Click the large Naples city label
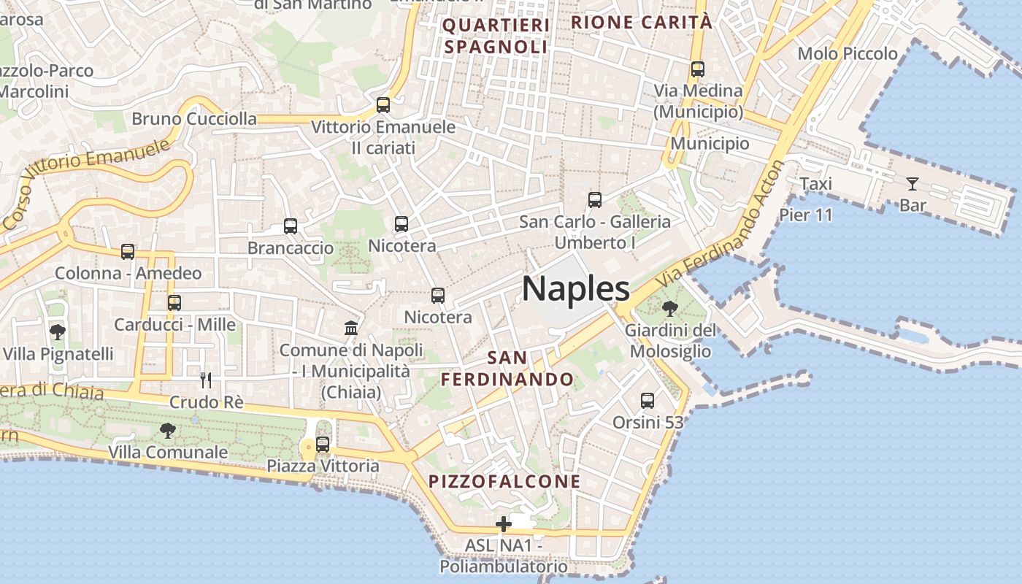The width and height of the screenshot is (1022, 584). click(576, 289)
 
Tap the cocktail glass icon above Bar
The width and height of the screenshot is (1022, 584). click(912, 183)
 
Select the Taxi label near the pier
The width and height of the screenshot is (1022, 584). click(815, 184)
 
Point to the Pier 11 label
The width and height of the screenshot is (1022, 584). click(806, 215)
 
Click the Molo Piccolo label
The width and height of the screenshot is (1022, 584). click(848, 53)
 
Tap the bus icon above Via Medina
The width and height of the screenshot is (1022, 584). click(698, 69)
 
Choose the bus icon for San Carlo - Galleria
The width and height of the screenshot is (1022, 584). click(595, 199)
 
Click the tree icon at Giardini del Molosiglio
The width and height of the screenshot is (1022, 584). click(669, 309)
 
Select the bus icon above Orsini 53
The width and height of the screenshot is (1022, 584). click(648, 400)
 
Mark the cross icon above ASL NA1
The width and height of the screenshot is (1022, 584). click(503, 524)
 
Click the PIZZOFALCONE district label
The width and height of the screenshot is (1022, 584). click(504, 482)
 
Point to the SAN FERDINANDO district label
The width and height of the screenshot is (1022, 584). click(507, 369)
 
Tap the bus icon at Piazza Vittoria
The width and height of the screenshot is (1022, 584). click(323, 444)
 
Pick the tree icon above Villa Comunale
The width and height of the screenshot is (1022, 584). click(168, 431)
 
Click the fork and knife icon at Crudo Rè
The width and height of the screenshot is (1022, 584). click(206, 380)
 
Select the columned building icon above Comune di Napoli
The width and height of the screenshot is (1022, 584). click(351, 328)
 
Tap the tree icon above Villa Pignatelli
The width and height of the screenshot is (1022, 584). click(58, 332)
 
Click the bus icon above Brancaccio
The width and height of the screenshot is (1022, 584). click(291, 226)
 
